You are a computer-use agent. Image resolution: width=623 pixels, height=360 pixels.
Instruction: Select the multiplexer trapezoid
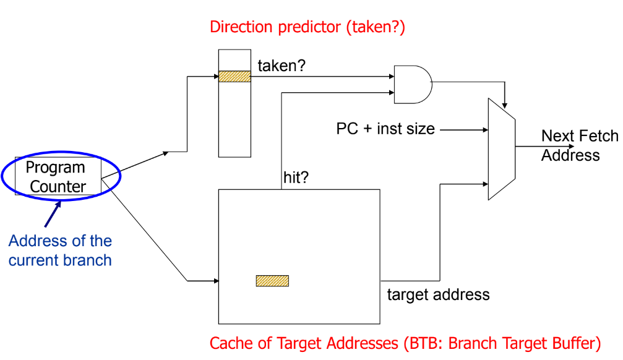pyautogui.click(x=502, y=148)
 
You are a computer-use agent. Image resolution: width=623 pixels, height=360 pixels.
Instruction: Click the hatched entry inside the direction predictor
pyautogui.click(x=234, y=77)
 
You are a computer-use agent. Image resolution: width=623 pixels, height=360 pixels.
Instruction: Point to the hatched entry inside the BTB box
pyautogui.click(x=272, y=281)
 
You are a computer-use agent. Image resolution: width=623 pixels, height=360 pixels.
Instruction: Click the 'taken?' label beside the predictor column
pyautogui.click(x=281, y=66)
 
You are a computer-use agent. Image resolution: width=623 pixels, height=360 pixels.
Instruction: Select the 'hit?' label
pyautogui.click(x=296, y=178)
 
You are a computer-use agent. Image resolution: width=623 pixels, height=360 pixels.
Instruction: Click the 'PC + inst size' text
pyautogui.click(x=385, y=129)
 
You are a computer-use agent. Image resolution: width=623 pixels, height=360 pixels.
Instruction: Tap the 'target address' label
pyautogui.click(x=438, y=294)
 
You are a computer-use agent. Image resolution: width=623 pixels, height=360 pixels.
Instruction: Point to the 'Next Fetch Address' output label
pyautogui.click(x=578, y=145)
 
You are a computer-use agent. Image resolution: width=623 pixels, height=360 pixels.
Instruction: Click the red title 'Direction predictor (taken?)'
pyautogui.click(x=307, y=27)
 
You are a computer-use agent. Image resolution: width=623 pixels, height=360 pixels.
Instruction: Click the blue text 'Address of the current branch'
pyautogui.click(x=60, y=251)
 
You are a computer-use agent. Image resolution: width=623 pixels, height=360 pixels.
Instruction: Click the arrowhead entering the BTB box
pyautogui.click(x=215, y=281)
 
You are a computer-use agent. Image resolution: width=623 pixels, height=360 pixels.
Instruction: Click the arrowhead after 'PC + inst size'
pyautogui.click(x=484, y=130)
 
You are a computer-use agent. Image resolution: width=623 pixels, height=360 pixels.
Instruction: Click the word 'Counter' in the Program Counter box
pyautogui.click(x=58, y=186)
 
